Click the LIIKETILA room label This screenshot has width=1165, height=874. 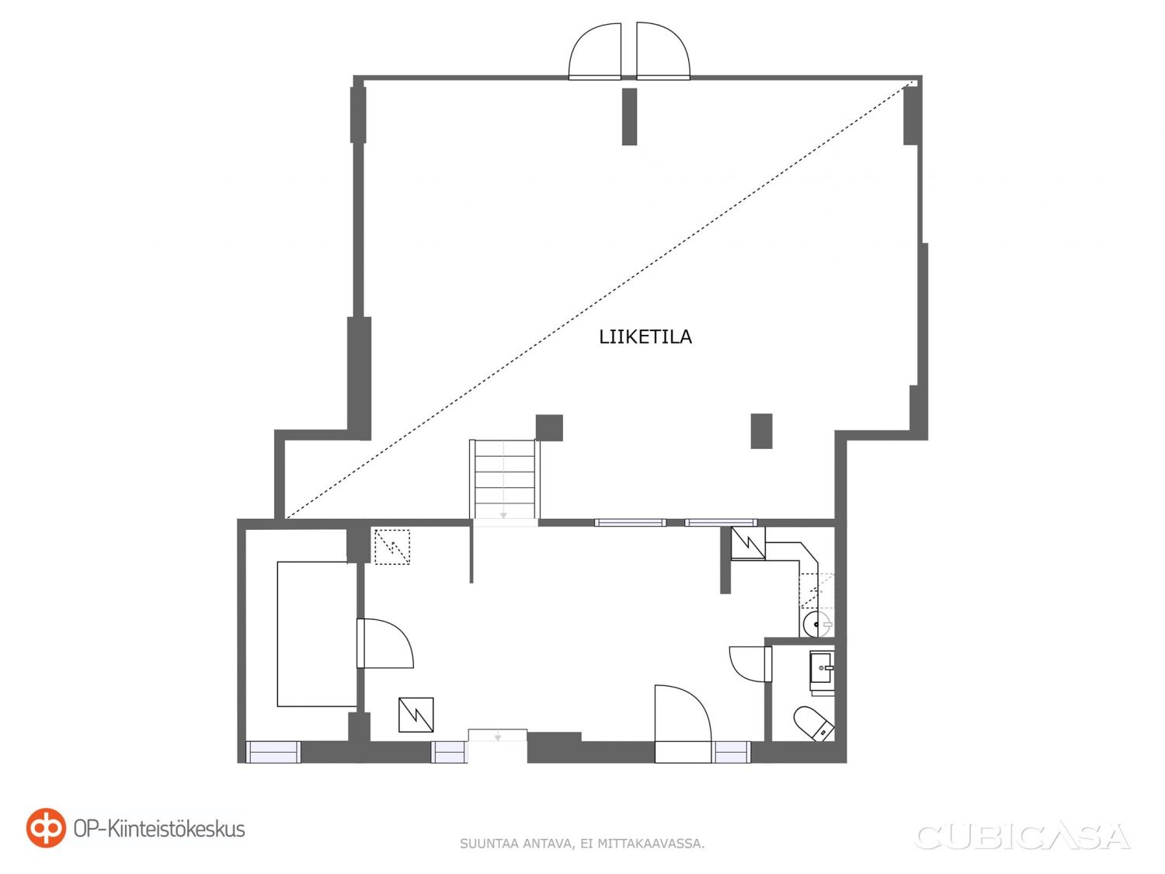pos(645,337)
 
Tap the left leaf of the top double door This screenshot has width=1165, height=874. pos(594,51)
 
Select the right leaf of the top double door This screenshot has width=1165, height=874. pos(663,51)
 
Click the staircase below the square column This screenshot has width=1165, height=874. pos(504,479)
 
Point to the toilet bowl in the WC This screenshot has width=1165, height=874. pos(814,723)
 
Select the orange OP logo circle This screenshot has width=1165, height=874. pos(46,828)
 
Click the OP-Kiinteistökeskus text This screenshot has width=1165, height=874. pos(159,829)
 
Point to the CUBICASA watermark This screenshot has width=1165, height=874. pos(1023,837)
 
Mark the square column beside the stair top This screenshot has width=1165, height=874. pos(549,428)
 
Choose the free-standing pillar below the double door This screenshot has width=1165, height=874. pos(629,117)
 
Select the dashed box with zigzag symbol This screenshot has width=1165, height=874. pos(392,547)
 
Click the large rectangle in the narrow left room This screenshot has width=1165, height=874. pos(317,634)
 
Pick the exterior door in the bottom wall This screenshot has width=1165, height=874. pos(683,724)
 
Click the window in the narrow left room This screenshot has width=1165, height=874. pos(273,752)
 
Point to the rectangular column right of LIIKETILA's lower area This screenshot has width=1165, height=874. pos(761,431)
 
